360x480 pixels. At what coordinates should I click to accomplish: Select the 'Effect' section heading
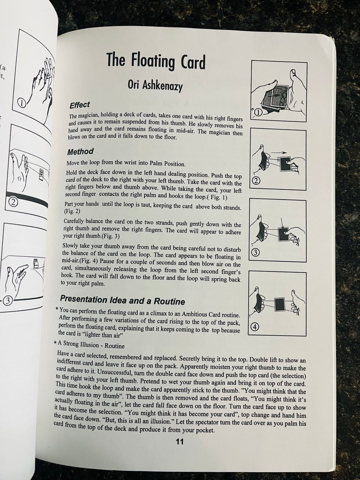click(79, 105)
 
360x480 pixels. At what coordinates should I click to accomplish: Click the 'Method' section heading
click(80, 151)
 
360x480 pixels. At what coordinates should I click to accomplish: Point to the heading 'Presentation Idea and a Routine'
click(123, 300)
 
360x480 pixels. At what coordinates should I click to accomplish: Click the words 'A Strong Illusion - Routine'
click(91, 345)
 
